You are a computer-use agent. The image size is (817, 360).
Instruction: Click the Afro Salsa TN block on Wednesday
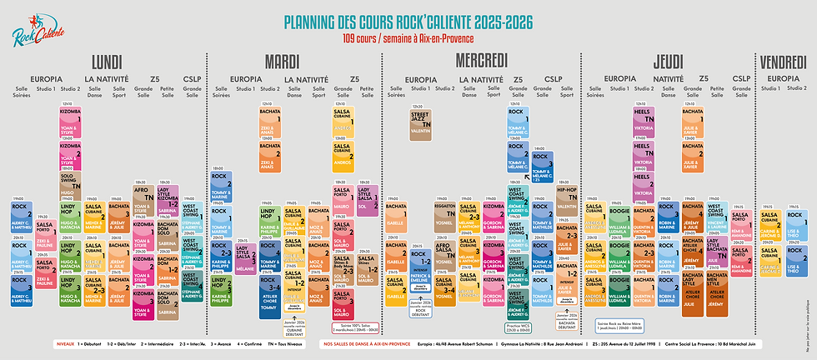pos(444,251)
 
